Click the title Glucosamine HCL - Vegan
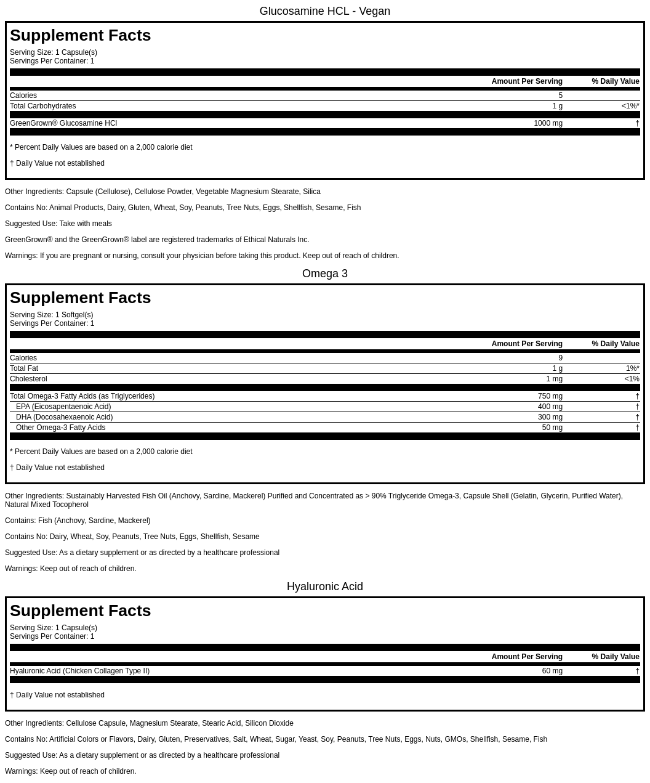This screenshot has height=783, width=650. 324,11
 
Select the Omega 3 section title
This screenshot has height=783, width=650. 324,274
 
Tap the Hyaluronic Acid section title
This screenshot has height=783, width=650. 324,586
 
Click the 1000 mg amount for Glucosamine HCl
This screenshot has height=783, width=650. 548,123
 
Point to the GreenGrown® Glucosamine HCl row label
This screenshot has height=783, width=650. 63,123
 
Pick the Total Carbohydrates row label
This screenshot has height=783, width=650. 42,106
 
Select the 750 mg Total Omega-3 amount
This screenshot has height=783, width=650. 550,396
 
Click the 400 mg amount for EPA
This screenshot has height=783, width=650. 550,407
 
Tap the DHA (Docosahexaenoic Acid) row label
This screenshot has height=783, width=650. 64,417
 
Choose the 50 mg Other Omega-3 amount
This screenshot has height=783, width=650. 552,428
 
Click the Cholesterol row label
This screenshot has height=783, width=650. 28,379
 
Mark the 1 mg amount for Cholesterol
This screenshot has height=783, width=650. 554,379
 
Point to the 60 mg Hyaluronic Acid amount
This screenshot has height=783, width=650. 552,671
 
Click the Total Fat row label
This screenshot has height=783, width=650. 24,368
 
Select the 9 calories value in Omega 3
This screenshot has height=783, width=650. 560,358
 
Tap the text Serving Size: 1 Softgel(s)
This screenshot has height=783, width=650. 51,315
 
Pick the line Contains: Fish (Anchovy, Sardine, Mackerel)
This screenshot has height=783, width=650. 78,521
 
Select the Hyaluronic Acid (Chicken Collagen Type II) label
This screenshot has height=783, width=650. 79,671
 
